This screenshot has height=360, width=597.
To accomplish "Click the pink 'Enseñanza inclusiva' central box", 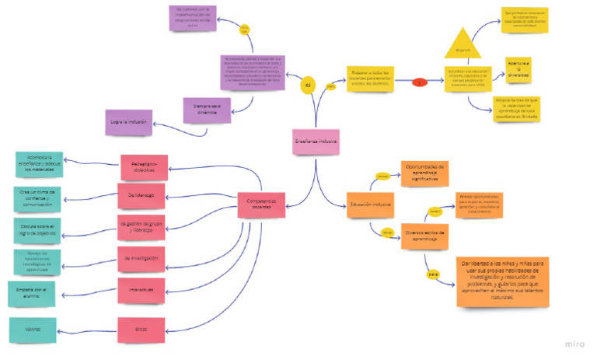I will pos(316,142).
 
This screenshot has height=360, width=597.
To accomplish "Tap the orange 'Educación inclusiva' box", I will pos(370,204).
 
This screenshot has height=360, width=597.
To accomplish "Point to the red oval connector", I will pos(420,81).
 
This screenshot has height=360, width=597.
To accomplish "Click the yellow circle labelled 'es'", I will pos(308,86).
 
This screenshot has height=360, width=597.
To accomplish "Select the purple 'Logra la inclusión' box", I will pos(127,122).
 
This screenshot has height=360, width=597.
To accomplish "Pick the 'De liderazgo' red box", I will pos(140,195).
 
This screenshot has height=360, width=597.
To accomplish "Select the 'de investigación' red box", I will pos(141,258).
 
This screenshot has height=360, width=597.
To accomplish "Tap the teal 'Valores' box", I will pos(33,330).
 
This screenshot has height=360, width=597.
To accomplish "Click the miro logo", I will pos(576,343).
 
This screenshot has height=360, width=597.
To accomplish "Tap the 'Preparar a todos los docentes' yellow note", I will pos(370,80).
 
